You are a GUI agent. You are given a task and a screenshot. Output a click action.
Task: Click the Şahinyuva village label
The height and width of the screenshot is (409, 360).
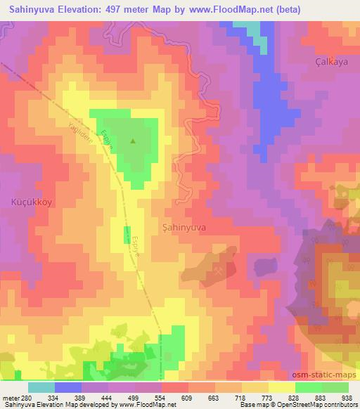coord(184,228)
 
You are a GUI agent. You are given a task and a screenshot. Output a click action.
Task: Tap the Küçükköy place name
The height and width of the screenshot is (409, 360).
coord(31,201)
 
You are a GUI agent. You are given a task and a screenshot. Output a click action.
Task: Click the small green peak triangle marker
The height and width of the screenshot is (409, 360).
coord(134,141)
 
